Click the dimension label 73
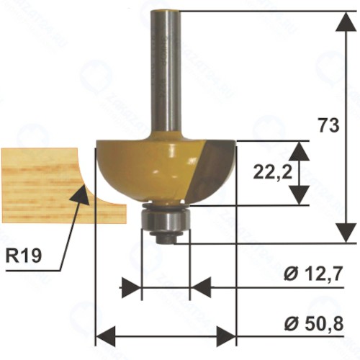tap(329, 125)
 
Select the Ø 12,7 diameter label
tap(312, 274)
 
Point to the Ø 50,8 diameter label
tap(314, 324)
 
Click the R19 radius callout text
tap(23, 256)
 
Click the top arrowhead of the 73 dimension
tap(346, 21)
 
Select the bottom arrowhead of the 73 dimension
tap(346, 233)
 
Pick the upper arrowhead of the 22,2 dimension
tap(299, 150)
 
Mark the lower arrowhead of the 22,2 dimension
tap(299, 195)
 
